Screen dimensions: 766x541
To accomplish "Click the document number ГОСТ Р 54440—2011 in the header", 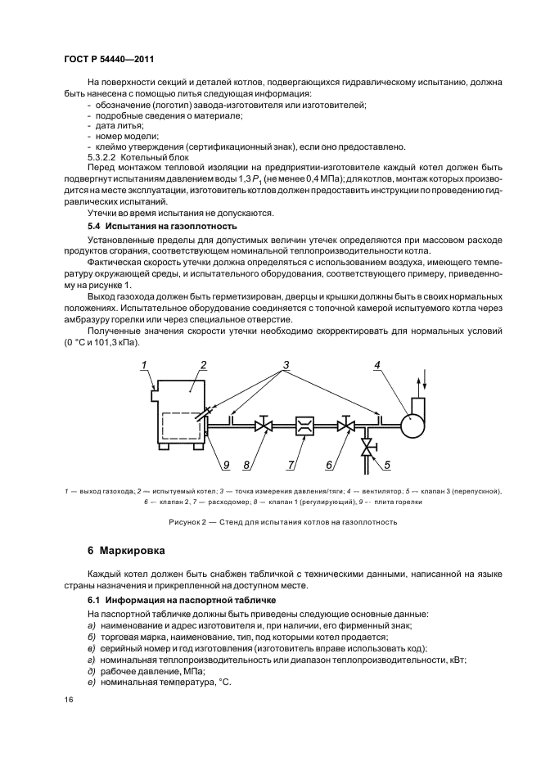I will pyautogui.click(x=109, y=61).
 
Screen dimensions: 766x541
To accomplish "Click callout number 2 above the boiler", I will pyautogui.click(x=203, y=365).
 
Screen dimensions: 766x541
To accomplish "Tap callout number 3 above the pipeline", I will pyautogui.click(x=286, y=363).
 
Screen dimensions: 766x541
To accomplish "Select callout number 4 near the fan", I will pyautogui.click(x=377, y=365).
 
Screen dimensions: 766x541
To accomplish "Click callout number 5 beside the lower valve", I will pyautogui.click(x=387, y=465).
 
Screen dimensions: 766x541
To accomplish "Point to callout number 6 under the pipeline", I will pyautogui.click(x=328, y=465).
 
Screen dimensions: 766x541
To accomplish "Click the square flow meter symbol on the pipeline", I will pyautogui.click(x=304, y=426).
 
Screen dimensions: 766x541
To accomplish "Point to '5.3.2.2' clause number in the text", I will pyautogui.click(x=104, y=155).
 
